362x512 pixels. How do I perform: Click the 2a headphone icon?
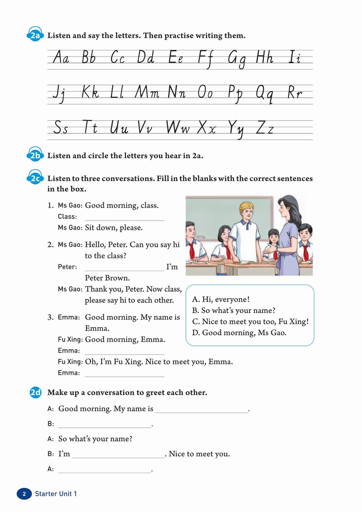[x=35, y=35]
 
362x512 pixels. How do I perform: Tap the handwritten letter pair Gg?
[x=237, y=59]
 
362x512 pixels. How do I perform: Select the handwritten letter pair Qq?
[x=264, y=93]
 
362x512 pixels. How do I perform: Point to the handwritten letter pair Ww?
[x=178, y=128]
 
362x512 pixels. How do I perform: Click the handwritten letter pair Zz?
[x=265, y=128]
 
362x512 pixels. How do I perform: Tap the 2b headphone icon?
[x=35, y=155]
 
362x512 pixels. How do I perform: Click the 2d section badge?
[x=35, y=393]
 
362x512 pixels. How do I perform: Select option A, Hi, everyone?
[x=221, y=299]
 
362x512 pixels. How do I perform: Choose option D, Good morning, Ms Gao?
[x=239, y=333]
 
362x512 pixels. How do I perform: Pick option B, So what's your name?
[x=234, y=310]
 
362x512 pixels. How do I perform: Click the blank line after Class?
[x=124, y=217]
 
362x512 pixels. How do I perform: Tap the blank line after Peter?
[x=124, y=268]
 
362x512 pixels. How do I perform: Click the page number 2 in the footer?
[x=25, y=494]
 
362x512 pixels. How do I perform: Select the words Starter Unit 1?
[x=56, y=494]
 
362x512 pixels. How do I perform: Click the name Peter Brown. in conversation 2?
[x=107, y=278]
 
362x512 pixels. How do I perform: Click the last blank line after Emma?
[x=124, y=374]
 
